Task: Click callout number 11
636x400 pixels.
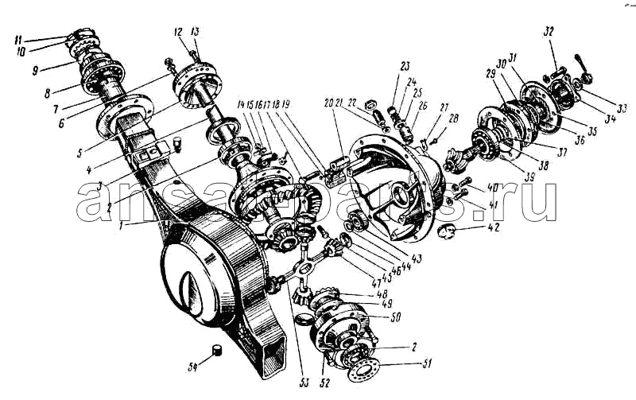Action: (17, 37)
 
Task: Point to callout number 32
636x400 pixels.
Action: (548, 32)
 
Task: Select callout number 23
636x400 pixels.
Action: (405, 65)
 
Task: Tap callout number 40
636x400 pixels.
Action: (492, 189)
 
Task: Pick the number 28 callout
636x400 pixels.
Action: (454, 118)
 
